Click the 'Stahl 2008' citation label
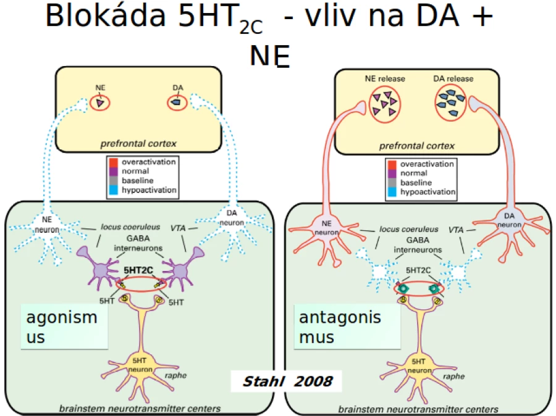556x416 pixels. [x=287, y=381]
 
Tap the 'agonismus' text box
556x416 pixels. [x=64, y=327]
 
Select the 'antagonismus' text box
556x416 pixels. [x=347, y=327]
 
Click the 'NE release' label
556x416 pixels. [x=385, y=78]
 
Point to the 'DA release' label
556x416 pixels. [x=453, y=78]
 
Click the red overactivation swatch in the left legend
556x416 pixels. [x=114, y=162]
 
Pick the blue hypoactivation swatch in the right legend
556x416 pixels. [x=392, y=192]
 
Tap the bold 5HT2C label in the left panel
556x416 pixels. [x=138, y=270]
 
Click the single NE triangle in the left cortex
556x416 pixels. [x=100, y=103]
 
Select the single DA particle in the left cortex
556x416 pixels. [x=176, y=102]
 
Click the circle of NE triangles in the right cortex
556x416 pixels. [x=385, y=104]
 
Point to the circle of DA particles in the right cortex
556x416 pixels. [x=450, y=104]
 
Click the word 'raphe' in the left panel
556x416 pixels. [x=175, y=375]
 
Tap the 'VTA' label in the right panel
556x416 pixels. [x=456, y=230]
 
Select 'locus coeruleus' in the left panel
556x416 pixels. [x=130, y=227]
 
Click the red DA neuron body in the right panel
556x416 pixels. [x=509, y=221]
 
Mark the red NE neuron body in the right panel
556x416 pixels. [x=326, y=228]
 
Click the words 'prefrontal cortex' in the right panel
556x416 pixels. [x=416, y=146]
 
